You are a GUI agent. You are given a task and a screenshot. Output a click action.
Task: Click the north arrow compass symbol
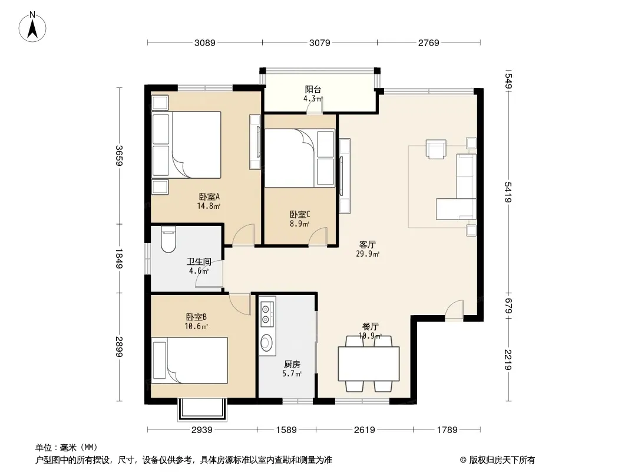tap(32, 27)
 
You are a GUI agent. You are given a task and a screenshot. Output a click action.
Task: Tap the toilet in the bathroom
tap(168, 240)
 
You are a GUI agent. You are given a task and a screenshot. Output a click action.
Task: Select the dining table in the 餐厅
tap(368, 363)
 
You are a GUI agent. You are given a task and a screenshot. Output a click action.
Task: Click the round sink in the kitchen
tap(266, 342)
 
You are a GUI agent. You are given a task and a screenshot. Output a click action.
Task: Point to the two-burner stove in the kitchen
tap(266, 314)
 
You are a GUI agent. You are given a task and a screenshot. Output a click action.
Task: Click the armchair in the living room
tap(436, 149)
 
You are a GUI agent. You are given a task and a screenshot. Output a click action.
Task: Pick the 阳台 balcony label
tap(313, 90)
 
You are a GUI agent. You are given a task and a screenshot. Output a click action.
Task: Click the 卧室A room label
tap(210, 197)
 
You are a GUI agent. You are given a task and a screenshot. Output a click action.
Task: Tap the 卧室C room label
tap(300, 215)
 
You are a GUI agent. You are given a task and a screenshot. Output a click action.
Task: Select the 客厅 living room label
tap(367, 245)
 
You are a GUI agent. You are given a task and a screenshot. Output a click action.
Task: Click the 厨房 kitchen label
tap(292, 365)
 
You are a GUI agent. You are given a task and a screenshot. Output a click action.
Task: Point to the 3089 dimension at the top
tap(204, 42)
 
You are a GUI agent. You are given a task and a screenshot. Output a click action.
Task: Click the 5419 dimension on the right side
tap(508, 192)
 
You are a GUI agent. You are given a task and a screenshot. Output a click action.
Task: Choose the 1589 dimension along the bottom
tap(286, 430)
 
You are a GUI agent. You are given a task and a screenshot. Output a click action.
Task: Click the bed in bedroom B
tap(190, 360)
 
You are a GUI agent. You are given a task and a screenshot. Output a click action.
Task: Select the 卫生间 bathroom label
tap(199, 262)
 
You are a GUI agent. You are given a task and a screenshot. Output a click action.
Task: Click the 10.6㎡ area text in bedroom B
tap(196, 326)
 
